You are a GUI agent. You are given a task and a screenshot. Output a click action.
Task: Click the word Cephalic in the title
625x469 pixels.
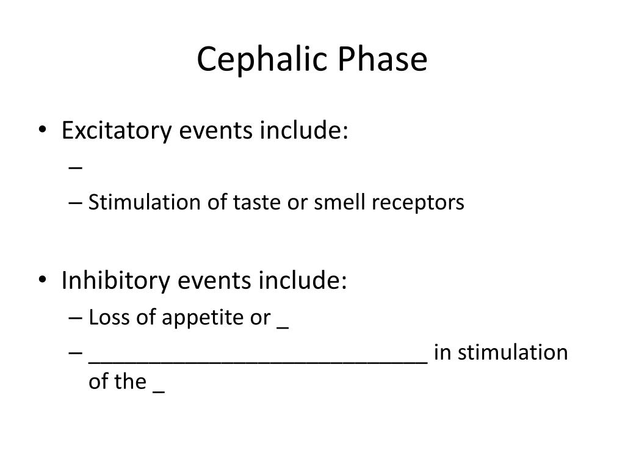[x=262, y=59]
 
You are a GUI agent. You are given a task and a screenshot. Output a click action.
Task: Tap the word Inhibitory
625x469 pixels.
[x=115, y=280]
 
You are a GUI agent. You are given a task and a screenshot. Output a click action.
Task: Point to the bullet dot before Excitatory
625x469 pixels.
[x=43, y=129]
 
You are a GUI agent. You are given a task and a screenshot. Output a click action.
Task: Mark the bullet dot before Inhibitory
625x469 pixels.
[x=43, y=280]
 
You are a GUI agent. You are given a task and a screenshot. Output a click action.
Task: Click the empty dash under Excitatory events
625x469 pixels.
[x=75, y=167]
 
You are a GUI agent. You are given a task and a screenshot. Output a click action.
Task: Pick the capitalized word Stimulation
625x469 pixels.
[x=144, y=202]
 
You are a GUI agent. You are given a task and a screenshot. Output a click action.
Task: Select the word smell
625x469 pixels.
[x=339, y=202]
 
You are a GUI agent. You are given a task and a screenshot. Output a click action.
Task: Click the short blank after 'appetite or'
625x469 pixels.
[x=283, y=328]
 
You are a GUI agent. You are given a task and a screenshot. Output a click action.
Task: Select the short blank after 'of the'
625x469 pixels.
[x=159, y=393]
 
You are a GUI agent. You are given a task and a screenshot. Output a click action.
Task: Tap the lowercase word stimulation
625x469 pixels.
[x=513, y=352]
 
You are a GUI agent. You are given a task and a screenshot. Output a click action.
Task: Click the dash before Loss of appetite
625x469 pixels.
[x=75, y=318]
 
